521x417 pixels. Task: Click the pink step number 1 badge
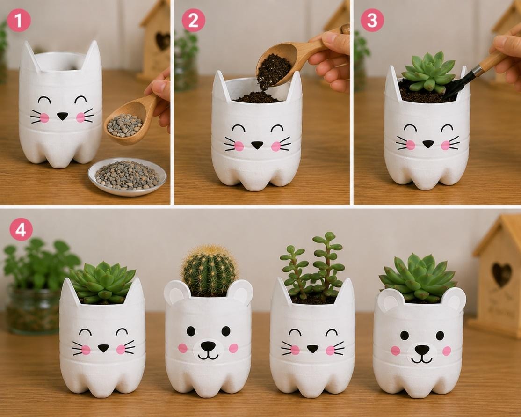pyautogui.click(x=19, y=20)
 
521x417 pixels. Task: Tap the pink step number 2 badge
pyautogui.click(x=193, y=20)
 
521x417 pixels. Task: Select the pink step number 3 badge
pyautogui.click(x=372, y=20)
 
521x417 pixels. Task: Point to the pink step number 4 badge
pyautogui.click(x=21, y=229)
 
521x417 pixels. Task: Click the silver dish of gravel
pyautogui.click(x=127, y=176)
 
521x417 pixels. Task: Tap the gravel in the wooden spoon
pyautogui.click(x=124, y=125)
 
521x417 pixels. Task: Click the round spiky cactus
pyautogui.click(x=210, y=270)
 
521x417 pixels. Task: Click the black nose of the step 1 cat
pyautogui.click(x=62, y=116)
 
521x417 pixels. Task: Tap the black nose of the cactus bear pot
pyautogui.click(x=208, y=346)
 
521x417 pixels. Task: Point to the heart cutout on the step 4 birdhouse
pyautogui.click(x=501, y=274)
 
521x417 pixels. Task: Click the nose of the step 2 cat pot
pyautogui.click(x=257, y=145)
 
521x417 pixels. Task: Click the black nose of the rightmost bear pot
pyautogui.click(x=422, y=350)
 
